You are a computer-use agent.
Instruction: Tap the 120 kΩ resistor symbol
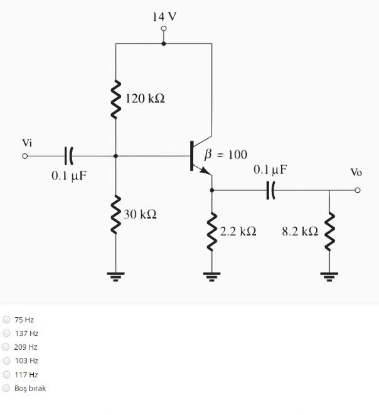tap(116, 99)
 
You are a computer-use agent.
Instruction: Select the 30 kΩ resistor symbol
tap(116, 214)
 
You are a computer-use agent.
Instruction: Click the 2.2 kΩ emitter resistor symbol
tap(212, 230)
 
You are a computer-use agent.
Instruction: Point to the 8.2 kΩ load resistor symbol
tap(329, 230)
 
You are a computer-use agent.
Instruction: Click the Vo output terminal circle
tap(357, 190)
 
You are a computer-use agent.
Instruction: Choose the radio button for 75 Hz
tap(7, 320)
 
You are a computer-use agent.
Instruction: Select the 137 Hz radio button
tap(7, 333)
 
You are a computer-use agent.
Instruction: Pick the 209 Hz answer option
tap(6, 347)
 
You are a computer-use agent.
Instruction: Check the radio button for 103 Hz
tap(7, 360)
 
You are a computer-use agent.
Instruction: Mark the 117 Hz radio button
tap(7, 374)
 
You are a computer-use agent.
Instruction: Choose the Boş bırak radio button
tap(7, 388)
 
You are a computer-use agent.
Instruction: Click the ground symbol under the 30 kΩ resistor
tap(116, 275)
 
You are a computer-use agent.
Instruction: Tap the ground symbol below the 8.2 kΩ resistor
tap(329, 275)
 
